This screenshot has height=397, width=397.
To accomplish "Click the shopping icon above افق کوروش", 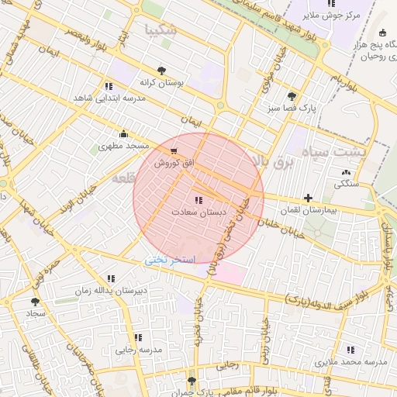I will tap(172, 151).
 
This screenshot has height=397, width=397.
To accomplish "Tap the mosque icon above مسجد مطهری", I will tap(123, 133).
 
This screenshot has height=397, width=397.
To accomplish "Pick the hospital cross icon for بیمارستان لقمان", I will tap(309, 198).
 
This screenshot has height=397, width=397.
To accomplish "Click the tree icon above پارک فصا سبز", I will tap(292, 97).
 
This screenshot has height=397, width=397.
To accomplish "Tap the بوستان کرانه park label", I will tap(160, 81).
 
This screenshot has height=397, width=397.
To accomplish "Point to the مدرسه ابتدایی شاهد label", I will tap(105, 98).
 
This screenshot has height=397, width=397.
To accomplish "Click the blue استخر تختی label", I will tap(171, 261).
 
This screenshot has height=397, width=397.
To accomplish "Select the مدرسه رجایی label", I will tap(140, 350).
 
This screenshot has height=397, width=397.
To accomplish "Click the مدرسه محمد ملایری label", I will tap(350, 362).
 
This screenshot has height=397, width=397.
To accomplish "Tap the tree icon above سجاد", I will tap(35, 302).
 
